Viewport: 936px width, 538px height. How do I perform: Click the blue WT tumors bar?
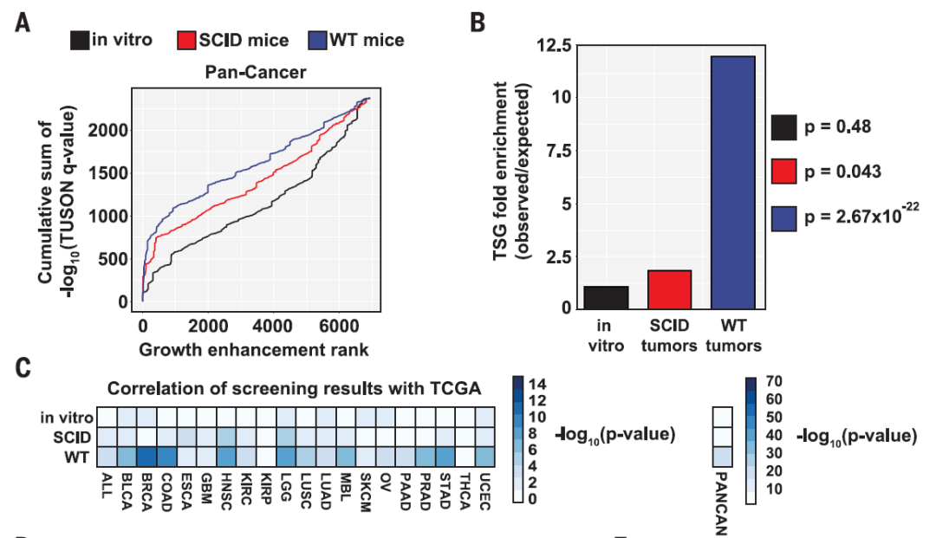(x=733, y=182)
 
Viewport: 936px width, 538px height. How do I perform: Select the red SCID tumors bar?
(x=669, y=289)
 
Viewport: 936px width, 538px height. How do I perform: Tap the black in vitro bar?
(x=606, y=297)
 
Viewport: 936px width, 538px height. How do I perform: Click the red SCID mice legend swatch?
(x=188, y=40)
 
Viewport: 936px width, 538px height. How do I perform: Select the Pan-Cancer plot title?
(x=255, y=72)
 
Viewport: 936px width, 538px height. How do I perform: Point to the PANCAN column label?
(x=722, y=502)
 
